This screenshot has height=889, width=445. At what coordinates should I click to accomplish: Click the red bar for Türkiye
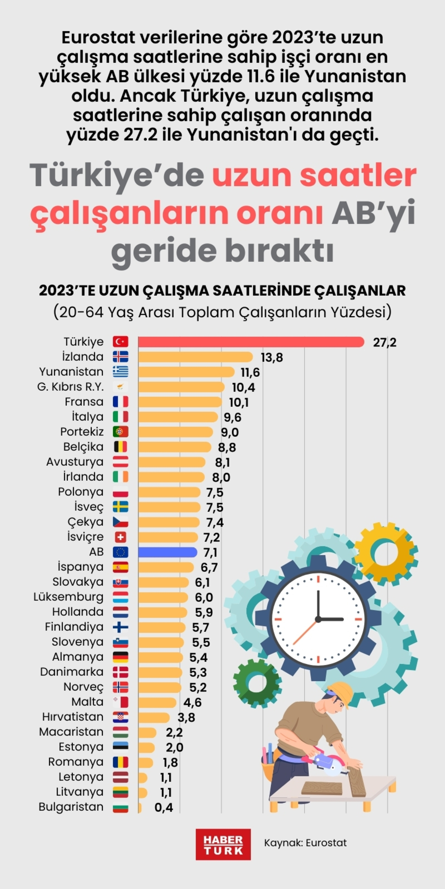pos(250,342)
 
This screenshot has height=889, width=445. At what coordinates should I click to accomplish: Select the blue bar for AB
pos(167,552)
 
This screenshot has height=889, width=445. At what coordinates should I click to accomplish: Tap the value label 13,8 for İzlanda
pos(272,357)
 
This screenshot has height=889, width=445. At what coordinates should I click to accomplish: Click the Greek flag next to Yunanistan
pos(121,372)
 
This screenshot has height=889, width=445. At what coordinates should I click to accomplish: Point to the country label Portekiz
pos(82,432)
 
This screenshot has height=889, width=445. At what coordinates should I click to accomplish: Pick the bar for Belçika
pos(174,447)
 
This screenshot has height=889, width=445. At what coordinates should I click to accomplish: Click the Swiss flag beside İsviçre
pos(121,537)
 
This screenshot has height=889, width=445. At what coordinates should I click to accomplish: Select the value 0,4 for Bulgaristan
pos(164,808)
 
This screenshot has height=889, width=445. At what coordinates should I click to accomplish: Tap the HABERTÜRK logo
pos(223,844)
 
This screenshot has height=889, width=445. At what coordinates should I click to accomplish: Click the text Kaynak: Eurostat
pos(305,843)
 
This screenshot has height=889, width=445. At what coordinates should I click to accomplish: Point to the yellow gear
pos(386,553)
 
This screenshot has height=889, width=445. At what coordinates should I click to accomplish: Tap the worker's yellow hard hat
pos(342,692)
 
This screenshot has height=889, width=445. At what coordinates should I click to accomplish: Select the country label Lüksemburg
pos(69,597)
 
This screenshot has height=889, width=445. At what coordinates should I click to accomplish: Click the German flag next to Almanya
pos(121,657)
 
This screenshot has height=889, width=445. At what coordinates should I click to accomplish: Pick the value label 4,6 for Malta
pos(192,702)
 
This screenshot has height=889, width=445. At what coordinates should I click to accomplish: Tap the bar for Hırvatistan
pos(153,717)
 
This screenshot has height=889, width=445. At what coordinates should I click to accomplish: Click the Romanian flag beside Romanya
pos(121,762)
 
